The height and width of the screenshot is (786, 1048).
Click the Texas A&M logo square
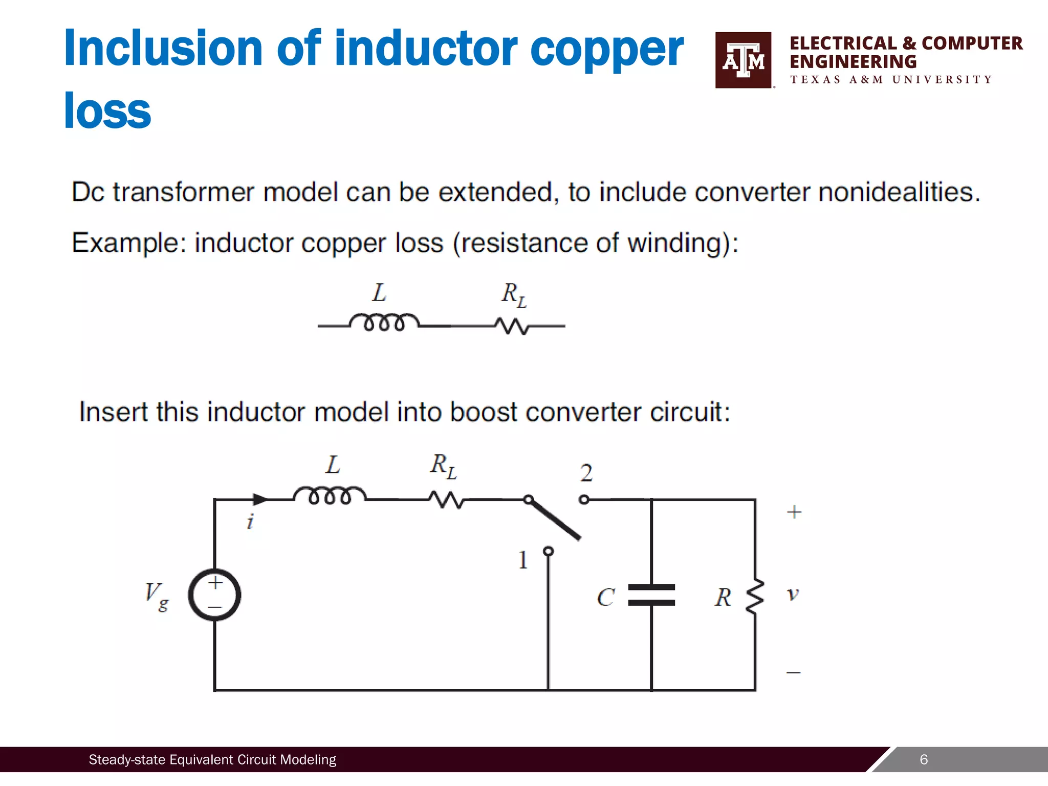743,60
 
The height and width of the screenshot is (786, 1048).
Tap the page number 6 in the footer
924,759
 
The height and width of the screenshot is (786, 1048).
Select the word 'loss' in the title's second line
107,111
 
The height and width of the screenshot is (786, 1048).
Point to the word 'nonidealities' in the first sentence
899,192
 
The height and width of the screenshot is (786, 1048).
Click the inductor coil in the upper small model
384,322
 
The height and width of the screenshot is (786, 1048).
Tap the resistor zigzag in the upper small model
512,326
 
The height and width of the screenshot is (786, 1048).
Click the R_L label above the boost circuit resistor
443,466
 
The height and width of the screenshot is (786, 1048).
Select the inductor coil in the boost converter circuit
330,495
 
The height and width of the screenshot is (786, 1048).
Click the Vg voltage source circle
214,595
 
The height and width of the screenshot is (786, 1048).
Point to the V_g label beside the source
156,596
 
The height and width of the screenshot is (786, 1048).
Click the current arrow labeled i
260,499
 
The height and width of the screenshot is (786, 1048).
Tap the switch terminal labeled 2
584,499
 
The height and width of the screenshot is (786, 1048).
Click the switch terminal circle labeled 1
548,551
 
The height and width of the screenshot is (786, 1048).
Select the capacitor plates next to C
651,595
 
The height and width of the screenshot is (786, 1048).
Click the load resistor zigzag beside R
755,596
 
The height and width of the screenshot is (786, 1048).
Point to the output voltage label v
793,594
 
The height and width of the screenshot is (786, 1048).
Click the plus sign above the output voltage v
794,512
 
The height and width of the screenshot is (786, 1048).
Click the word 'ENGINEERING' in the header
853,62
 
